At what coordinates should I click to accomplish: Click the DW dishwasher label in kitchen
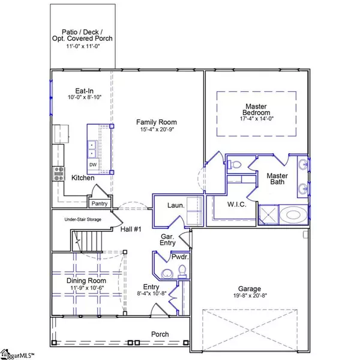point(93,164)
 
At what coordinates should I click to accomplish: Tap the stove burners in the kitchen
point(59,174)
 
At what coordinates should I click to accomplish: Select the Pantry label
point(100,203)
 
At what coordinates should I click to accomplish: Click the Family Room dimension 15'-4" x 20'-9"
point(157,130)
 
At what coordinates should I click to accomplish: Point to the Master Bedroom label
point(256,110)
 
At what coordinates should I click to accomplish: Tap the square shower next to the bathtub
point(268,214)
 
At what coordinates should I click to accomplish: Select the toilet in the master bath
point(234,164)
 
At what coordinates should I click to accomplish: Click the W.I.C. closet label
point(237,204)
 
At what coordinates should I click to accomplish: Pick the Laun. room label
point(176,205)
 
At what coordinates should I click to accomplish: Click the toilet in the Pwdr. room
point(182,271)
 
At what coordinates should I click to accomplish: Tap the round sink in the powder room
point(167,274)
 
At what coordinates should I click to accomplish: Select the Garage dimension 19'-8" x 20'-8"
point(250,295)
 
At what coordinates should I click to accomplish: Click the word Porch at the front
point(160,334)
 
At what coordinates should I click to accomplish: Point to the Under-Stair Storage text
point(83,220)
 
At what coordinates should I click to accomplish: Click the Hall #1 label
point(131,229)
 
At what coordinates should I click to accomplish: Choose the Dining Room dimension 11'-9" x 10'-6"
point(87,288)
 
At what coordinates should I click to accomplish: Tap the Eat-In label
point(84,91)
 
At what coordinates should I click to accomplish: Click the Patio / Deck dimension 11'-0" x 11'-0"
point(83,46)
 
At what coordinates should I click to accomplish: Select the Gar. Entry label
point(168,239)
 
